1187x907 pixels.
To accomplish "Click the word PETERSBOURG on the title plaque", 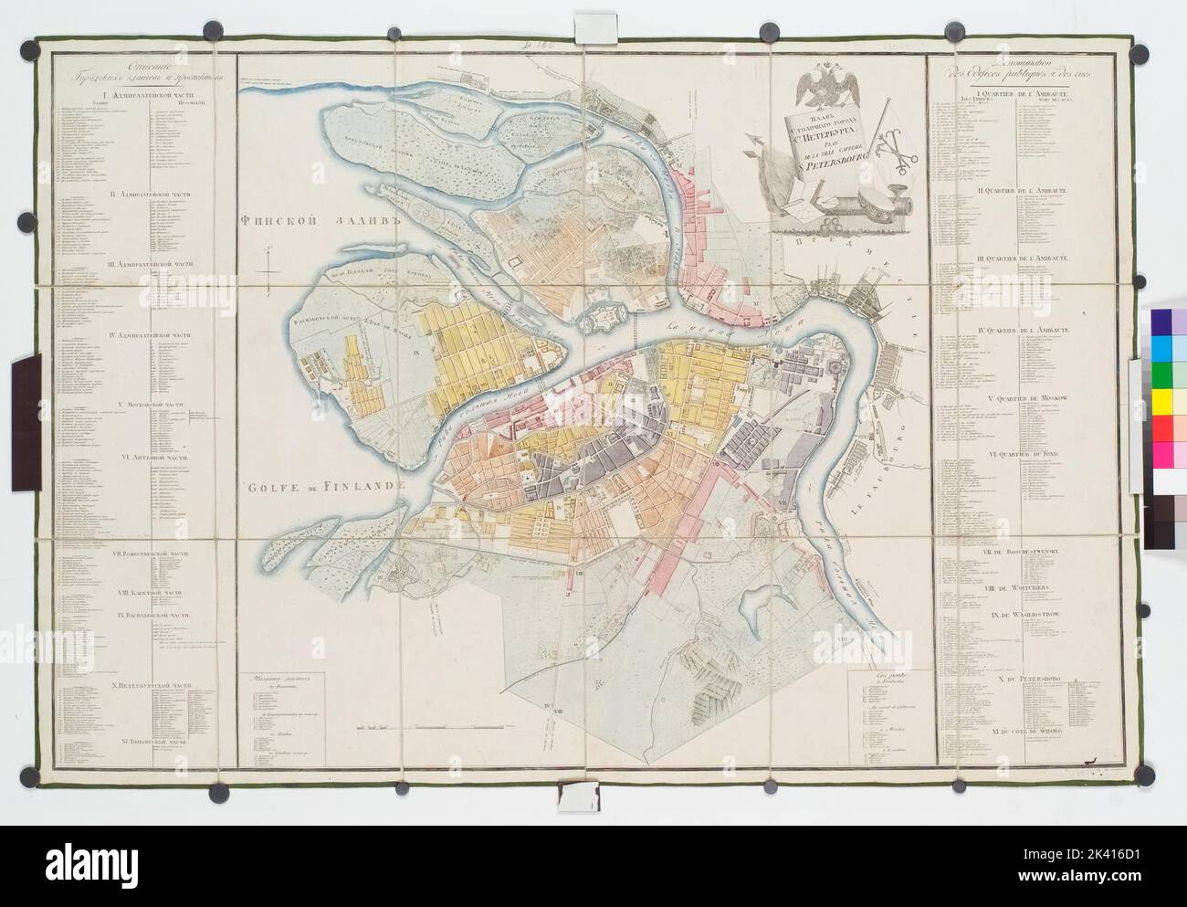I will (x=815, y=165).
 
